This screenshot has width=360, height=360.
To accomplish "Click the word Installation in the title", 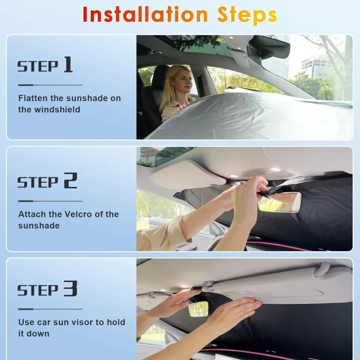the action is pos(145,15).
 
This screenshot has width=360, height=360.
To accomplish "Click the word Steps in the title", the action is pos(247,16).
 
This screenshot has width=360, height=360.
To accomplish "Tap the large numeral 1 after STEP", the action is pos(68,65).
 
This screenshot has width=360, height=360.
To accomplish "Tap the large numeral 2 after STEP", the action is pos(70,180).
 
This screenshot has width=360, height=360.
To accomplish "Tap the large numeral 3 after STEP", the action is pos(70,288).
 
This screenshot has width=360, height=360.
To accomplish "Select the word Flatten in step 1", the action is pos(33,98).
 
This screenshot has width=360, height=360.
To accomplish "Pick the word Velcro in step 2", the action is pos(78,214).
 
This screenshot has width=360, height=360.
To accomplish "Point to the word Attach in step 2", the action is pos(32,214).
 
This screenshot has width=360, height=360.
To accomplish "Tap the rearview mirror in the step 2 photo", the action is pos(279,202).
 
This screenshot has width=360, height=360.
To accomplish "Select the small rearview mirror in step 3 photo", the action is pos(198,309).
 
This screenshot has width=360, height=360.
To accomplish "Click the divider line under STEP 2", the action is pos(50,201).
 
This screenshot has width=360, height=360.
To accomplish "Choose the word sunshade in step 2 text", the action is pos(39,226).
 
